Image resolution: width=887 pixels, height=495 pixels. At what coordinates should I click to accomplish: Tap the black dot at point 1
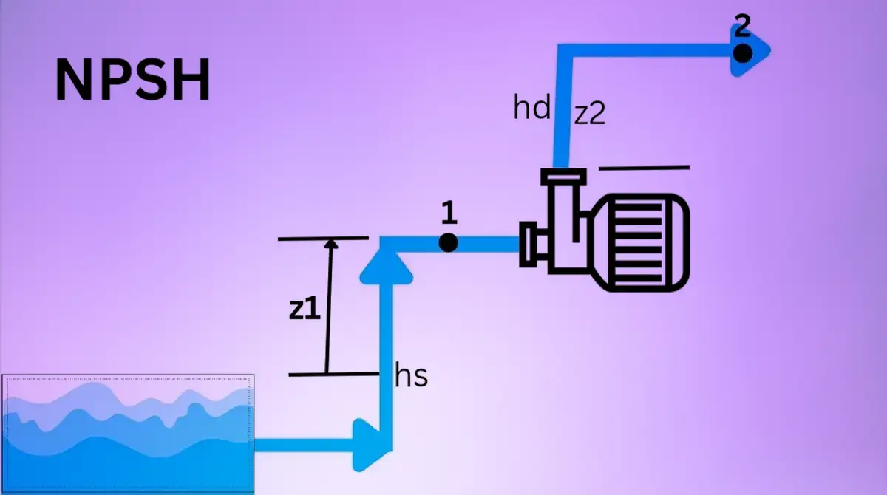pos(448,242)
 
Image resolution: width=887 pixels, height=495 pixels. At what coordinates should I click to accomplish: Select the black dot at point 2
pos(743,52)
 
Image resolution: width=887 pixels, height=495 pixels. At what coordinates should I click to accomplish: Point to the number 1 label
pos(448,213)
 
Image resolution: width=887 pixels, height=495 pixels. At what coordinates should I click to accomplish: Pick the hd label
pos(532,109)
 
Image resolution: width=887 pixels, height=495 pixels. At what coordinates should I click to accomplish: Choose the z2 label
pos(590,114)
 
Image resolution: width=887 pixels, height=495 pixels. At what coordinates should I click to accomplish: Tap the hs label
pos(412,376)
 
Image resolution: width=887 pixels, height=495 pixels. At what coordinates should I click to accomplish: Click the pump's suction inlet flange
pos(529,244)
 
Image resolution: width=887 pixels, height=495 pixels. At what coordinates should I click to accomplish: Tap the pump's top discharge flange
pos(563,177)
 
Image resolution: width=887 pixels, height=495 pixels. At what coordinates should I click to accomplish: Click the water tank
pos(128,433)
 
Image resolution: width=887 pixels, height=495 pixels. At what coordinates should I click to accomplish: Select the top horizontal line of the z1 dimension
pos(322,238)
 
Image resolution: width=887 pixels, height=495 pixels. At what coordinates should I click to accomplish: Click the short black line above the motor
pos(644,168)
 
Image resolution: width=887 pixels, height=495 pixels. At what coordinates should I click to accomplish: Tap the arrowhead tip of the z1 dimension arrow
pos(330,242)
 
